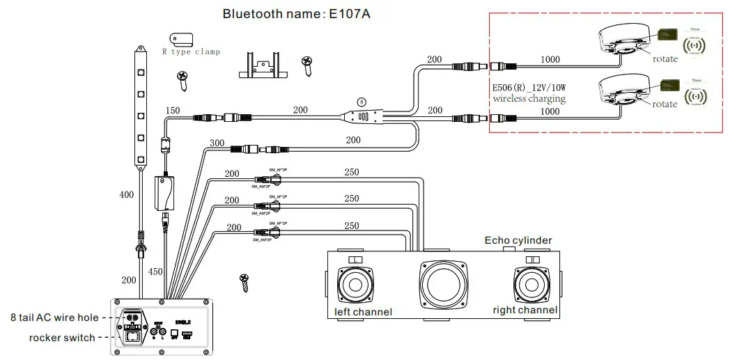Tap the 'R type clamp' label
point(191,52)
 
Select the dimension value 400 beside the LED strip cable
point(126,195)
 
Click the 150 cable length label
point(173,111)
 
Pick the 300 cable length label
point(217,142)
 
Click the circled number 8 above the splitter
point(361,100)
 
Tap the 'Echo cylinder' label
point(518,240)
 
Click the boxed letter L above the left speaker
point(355,260)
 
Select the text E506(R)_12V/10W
point(529,88)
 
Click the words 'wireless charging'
point(529,99)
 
